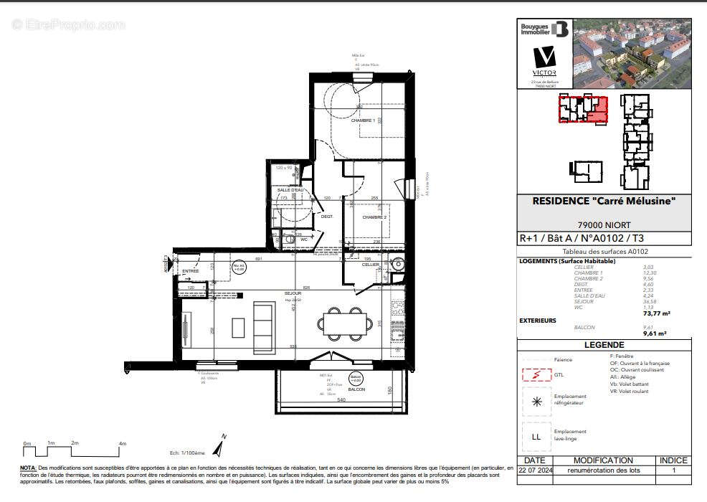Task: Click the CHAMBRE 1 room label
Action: pyautogui.click(x=363, y=120)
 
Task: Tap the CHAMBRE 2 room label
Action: pyautogui.click(x=374, y=217)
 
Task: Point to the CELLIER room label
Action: pyautogui.click(x=370, y=265)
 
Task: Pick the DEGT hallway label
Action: pyautogui.click(x=326, y=217)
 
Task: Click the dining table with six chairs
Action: pyautogui.click(x=344, y=322)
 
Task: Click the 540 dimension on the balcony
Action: pyautogui.click(x=341, y=399)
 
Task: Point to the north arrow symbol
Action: pyautogui.click(x=222, y=447)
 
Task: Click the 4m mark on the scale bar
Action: pyautogui.click(x=122, y=443)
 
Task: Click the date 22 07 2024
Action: pyautogui.click(x=535, y=470)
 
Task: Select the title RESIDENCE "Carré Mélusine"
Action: pyautogui.click(x=604, y=202)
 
